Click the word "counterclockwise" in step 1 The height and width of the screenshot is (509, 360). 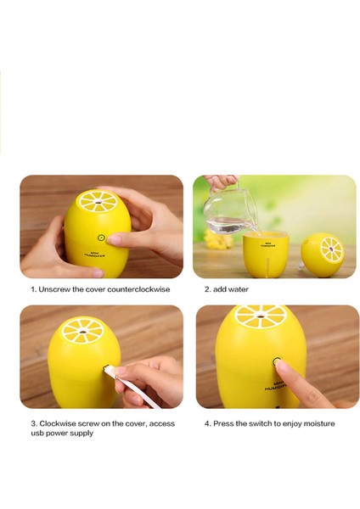click(141, 289)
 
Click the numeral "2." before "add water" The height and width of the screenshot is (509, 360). click(207, 289)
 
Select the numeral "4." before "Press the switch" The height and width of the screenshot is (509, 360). click(207, 422)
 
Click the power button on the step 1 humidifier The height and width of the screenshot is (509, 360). click(102, 238)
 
